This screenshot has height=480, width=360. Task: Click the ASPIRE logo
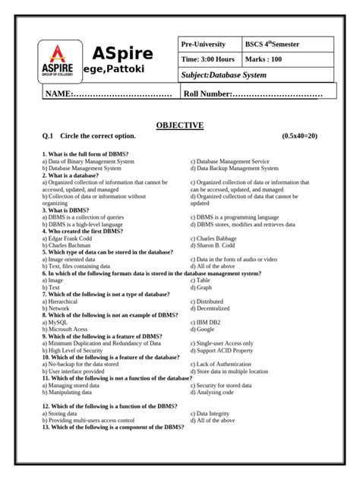point(58,62)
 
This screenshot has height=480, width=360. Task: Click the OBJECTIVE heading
point(179,125)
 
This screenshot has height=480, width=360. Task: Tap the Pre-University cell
point(205,45)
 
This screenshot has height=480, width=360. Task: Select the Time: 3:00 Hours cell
point(207,58)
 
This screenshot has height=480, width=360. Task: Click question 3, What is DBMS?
point(66,210)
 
